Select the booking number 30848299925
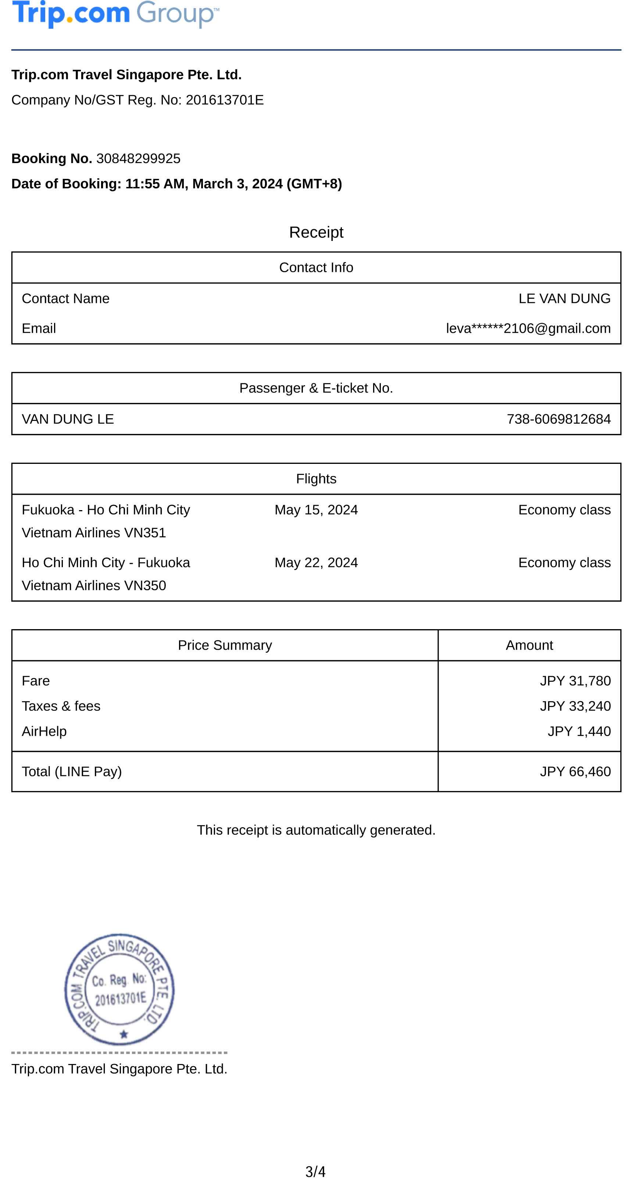(138, 158)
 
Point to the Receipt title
(316, 232)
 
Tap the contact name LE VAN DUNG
(564, 299)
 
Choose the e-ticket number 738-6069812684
(558, 419)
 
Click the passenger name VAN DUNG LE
(68, 419)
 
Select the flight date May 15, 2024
(316, 510)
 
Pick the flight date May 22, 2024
(316, 563)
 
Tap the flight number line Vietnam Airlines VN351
(94, 533)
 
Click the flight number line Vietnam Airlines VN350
(94, 585)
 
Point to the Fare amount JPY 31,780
(575, 681)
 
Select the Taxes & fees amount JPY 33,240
(575, 706)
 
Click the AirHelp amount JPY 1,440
(579, 731)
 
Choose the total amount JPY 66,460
(575, 772)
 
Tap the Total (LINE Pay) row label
(72, 772)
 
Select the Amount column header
(529, 645)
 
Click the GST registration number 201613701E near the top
(224, 100)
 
